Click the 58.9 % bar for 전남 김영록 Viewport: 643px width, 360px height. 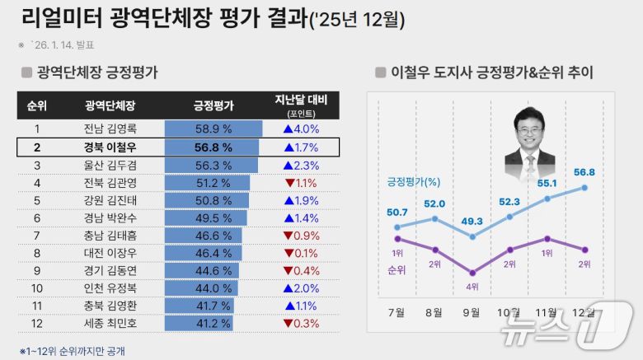(x=213, y=129)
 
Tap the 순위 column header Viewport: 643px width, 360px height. (x=36, y=106)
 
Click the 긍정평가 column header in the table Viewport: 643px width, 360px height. (x=214, y=106)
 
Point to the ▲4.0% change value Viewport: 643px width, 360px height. (x=301, y=129)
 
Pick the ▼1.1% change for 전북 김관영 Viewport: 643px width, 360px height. (x=301, y=183)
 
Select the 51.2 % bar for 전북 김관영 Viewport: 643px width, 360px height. (x=208, y=183)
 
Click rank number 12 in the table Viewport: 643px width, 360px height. (x=36, y=324)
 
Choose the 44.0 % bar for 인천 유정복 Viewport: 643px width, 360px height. (x=201, y=288)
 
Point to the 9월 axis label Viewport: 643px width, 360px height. (x=472, y=312)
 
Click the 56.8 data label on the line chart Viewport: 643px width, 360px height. (x=585, y=172)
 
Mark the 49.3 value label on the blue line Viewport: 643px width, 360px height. (x=472, y=222)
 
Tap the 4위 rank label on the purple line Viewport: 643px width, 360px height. (x=472, y=286)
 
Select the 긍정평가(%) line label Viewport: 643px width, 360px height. (x=413, y=181)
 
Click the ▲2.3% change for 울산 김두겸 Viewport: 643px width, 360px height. (x=301, y=165)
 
